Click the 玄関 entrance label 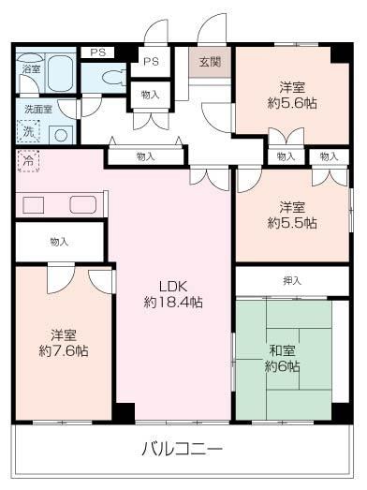[x=211, y=62]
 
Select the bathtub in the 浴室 [x=60, y=73]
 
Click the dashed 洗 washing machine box [x=28, y=131]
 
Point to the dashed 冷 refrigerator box [x=28, y=161]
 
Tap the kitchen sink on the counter [x=83, y=205]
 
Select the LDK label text [x=173, y=287]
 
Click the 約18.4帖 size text [x=173, y=303]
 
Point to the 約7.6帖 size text [x=64, y=351]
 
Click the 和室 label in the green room [x=282, y=350]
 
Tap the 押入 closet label [x=292, y=281]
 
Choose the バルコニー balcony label [x=183, y=449]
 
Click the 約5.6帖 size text [x=292, y=103]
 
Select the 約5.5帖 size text [x=292, y=223]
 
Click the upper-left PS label [x=98, y=52]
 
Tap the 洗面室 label [x=38, y=110]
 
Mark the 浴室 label [x=31, y=69]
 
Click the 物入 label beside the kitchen [x=59, y=242]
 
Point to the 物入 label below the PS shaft [x=150, y=95]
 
